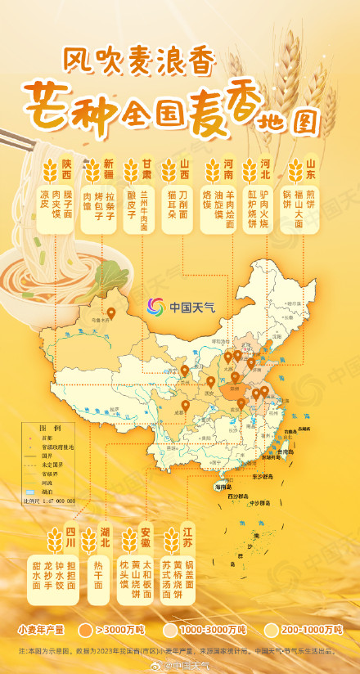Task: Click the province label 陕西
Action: (x=67, y=168)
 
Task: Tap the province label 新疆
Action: (x=108, y=168)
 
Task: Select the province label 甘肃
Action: (x=147, y=168)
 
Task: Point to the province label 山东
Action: (x=311, y=168)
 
